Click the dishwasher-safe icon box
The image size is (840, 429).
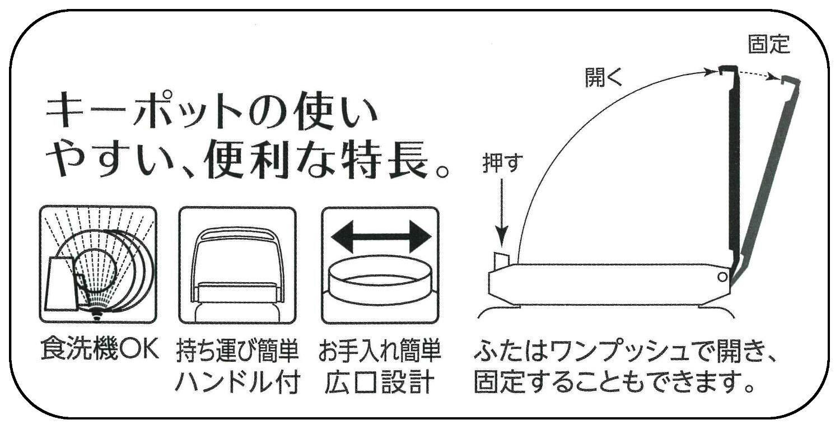pos(99,264)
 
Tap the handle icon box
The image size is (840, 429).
pos(237,264)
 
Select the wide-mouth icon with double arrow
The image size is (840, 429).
pos(381,264)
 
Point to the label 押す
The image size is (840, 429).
pos(502,164)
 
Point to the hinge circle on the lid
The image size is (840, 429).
pos(723,276)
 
